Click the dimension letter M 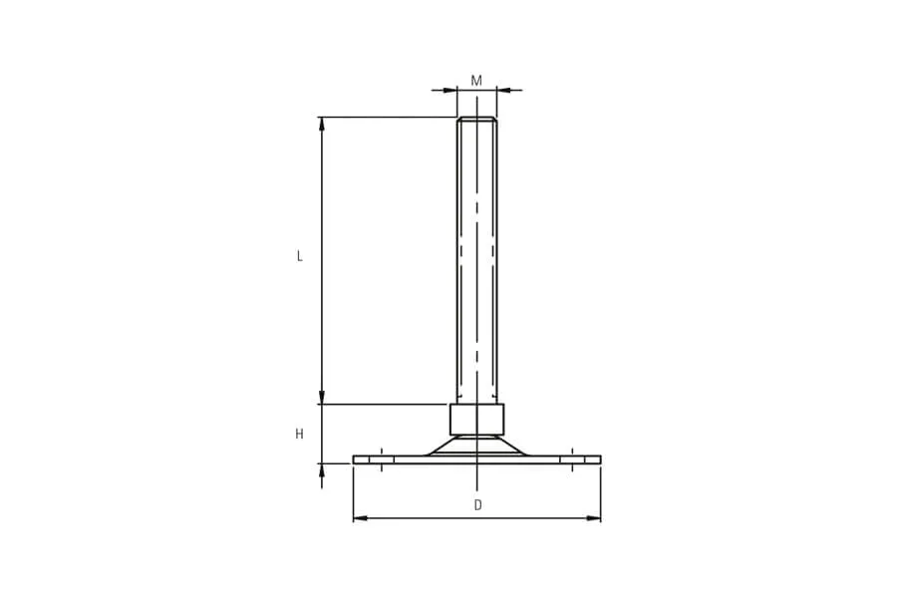click(476, 81)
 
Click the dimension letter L click(299, 256)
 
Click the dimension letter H click(299, 435)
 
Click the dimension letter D click(478, 505)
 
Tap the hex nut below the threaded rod click(477, 419)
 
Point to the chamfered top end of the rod click(477, 119)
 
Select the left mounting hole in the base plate click(382, 459)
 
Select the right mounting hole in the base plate click(572, 459)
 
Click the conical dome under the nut click(477, 445)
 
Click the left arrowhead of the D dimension click(360, 518)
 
